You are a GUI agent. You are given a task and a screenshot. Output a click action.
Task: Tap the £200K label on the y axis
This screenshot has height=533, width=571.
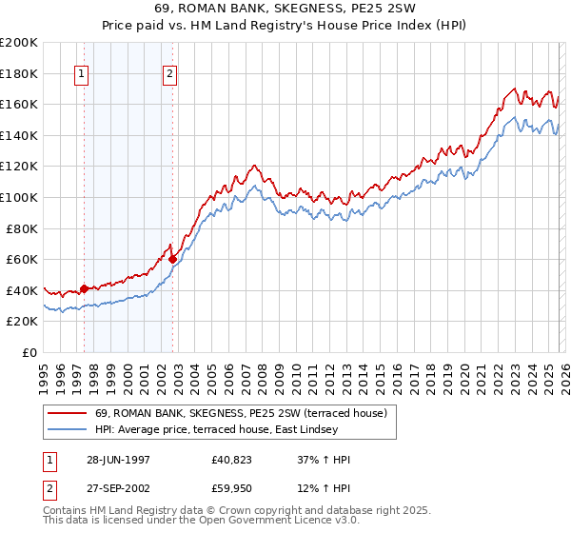19,43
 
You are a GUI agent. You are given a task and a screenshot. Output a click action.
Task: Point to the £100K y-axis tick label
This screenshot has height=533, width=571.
19,197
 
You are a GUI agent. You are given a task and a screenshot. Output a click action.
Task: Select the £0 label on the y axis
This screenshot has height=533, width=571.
30,352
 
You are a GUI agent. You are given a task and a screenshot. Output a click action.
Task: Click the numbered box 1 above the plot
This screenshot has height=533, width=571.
82,74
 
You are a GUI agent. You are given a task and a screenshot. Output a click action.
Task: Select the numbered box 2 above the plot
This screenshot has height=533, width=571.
169,74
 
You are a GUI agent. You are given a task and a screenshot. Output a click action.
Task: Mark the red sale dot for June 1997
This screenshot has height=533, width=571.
85,288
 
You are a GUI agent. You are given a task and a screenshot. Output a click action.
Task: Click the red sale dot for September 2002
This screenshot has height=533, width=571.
172,259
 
